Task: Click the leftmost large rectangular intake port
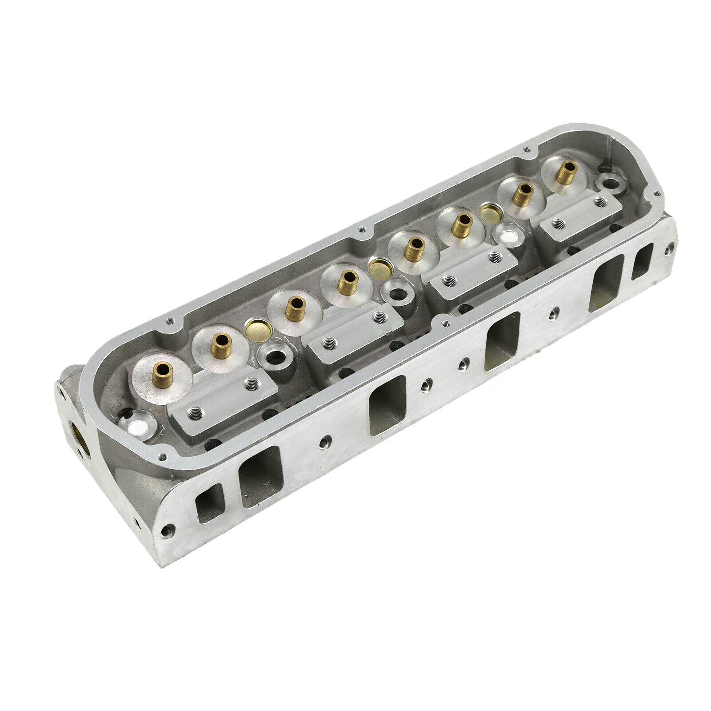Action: pos(260,477)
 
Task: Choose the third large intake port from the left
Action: pos(503,340)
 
